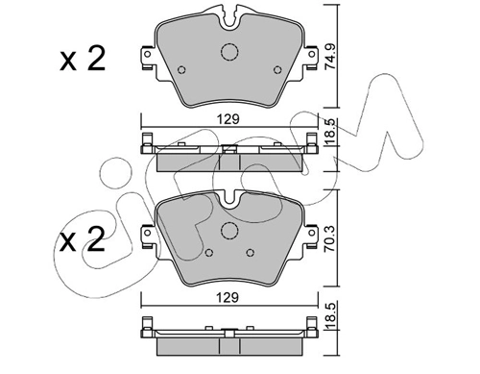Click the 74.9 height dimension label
(x=329, y=57)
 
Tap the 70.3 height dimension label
(x=329, y=237)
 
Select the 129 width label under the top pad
(x=228, y=119)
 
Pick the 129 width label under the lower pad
(x=228, y=298)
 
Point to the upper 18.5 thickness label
(x=329, y=132)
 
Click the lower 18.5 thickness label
(x=329, y=315)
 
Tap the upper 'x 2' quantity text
(x=83, y=59)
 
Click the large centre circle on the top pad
(x=229, y=52)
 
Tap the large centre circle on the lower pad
(x=229, y=231)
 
